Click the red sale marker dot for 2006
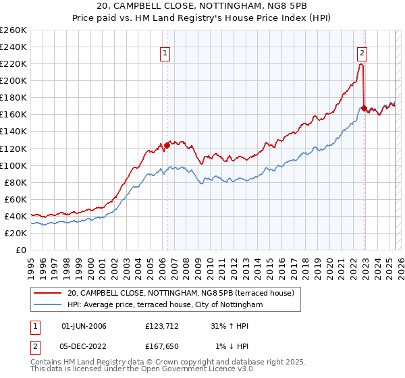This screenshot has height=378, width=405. (167, 145)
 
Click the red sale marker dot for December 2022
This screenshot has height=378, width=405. (364, 108)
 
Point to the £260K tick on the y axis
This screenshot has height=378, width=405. (13, 30)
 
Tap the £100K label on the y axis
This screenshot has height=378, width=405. (13, 165)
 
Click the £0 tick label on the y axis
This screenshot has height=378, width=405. (22, 250)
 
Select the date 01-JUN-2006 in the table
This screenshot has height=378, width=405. (84, 327)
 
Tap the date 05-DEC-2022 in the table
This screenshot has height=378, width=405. (84, 346)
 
